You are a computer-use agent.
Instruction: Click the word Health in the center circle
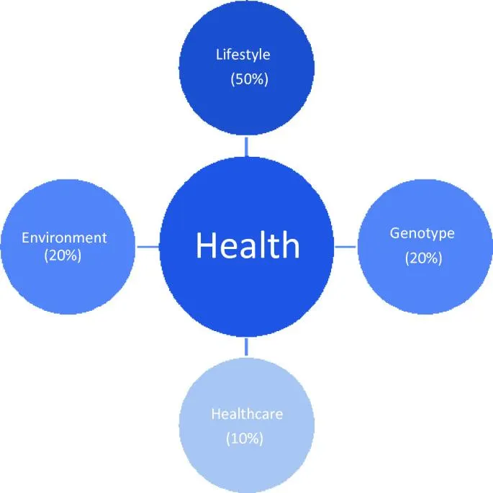(248, 245)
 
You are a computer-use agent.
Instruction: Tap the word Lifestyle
(243, 55)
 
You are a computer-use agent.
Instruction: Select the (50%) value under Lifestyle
(249, 79)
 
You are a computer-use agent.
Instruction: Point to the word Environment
(64, 238)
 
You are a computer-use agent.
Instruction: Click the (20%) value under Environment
(63, 255)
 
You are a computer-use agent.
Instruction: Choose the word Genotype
(422, 234)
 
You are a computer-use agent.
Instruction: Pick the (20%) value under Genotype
(423, 258)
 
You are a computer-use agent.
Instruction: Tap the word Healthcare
(247, 414)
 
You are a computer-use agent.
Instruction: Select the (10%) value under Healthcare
(245, 438)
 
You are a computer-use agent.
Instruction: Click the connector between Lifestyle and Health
(246, 147)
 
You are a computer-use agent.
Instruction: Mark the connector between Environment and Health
(148, 246)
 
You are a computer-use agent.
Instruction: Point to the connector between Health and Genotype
(345, 246)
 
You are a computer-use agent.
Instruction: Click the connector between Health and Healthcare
(246, 347)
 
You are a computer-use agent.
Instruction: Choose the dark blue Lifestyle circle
(246, 68)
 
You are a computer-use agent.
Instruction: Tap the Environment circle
(68, 246)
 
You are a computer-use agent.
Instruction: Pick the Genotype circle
(425, 246)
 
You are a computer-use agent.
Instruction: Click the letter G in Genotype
(395, 233)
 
